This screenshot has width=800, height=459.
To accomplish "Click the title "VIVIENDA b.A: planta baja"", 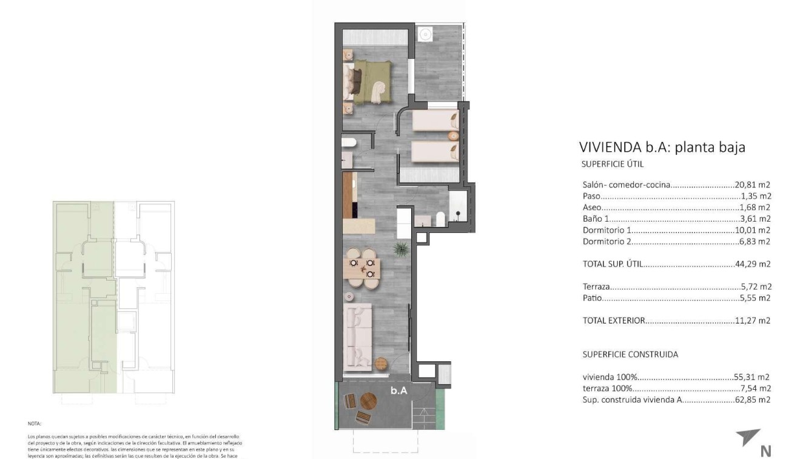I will [662, 147].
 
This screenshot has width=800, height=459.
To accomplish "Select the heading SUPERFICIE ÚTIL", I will [612, 164].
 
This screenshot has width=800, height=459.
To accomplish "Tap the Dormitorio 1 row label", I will [607, 230].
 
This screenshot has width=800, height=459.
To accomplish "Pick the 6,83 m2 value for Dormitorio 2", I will [755, 242].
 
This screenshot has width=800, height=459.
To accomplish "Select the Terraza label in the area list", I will [596, 287].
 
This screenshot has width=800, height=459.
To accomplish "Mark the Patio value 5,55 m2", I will [755, 298].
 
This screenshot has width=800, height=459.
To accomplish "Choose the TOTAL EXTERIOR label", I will [614, 321].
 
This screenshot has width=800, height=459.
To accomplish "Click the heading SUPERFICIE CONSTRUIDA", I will [630, 354].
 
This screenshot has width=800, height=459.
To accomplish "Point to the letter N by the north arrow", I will [765, 450].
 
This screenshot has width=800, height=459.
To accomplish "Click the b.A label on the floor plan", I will [398, 391].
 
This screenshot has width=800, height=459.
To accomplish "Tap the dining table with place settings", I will [362, 268].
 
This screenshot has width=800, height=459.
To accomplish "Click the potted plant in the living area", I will [400, 248].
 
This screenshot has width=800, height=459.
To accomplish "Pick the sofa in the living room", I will [357, 336].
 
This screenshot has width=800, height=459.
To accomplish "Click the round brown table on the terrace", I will [368, 401].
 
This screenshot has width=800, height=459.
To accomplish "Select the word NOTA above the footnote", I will [34, 424].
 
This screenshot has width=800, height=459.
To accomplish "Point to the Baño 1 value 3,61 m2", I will [755, 219].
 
